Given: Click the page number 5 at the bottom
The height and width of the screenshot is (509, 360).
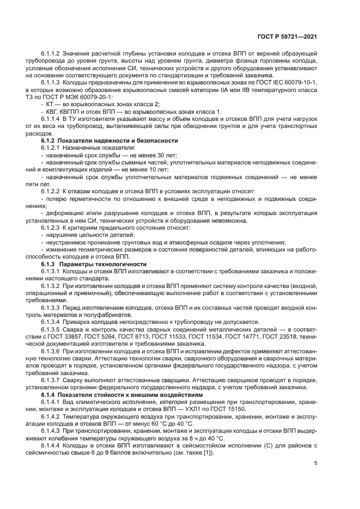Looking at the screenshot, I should tap(316, 463).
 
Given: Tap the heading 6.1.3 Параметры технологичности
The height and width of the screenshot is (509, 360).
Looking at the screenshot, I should tap(90, 263).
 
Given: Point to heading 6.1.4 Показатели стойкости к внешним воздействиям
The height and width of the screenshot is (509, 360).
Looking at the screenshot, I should tap(116, 393).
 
